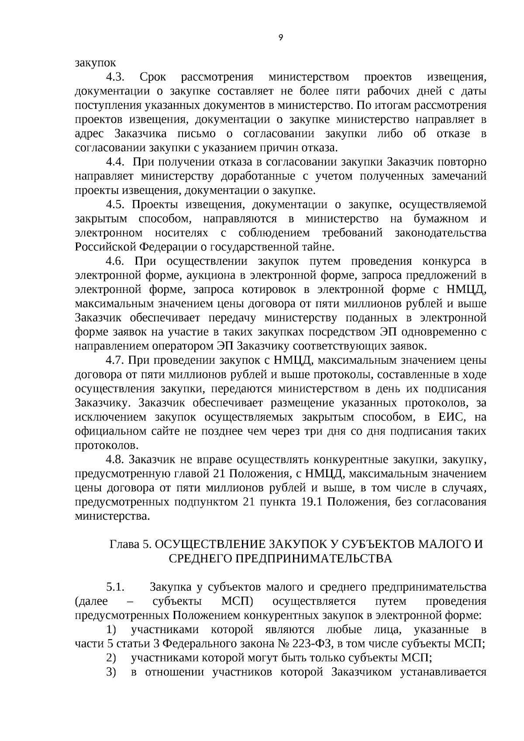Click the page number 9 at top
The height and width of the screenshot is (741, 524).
click(x=280, y=38)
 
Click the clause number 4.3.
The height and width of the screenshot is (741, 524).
click(x=116, y=77)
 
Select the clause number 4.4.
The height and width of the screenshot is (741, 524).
click(x=116, y=162)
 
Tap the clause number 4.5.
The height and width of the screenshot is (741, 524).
click(x=116, y=204)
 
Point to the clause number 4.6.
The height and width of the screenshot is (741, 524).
click(x=116, y=261)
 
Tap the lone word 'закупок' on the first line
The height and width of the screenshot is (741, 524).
click(x=96, y=63)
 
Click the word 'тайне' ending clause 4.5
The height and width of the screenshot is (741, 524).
click(x=319, y=247)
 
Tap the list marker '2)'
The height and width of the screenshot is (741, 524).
click(x=111, y=658)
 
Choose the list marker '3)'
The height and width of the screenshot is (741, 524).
click(x=111, y=672)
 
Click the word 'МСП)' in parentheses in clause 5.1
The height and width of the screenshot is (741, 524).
click(x=238, y=601)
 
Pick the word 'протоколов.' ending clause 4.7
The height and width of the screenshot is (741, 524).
click(x=107, y=445)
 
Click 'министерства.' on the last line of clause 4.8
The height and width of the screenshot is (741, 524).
click(x=112, y=516)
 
